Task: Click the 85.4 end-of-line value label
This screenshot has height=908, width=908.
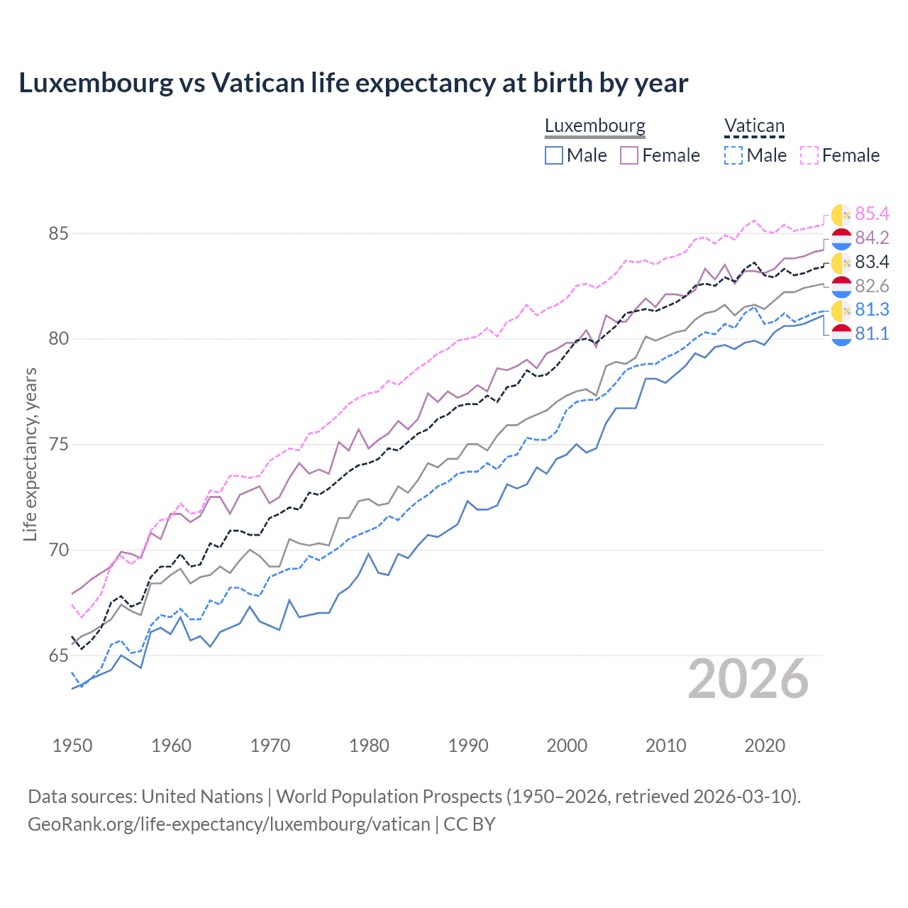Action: pos(872,214)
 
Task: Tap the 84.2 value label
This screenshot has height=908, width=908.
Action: pos(872,238)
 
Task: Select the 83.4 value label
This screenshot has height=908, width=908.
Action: pos(872,262)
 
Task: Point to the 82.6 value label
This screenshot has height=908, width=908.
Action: pos(872,286)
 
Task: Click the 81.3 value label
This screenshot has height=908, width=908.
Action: pos(872,309)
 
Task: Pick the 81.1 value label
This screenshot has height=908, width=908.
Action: pos(872,333)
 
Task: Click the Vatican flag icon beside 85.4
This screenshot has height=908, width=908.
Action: pos(841,214)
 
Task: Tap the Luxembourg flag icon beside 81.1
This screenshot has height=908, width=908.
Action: pos(841,334)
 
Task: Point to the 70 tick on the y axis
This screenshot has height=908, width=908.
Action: pos(59,550)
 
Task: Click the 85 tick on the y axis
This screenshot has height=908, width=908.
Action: pos(59,233)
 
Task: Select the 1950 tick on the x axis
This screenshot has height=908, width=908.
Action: pos(72,746)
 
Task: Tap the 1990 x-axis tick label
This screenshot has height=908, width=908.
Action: pos(468,746)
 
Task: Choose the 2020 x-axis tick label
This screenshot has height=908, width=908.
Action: pos(765,746)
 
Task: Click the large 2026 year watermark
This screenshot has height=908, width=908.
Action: pos(748,679)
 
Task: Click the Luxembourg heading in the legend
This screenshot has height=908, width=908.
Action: pos(594,126)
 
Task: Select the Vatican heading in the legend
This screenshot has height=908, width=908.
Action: pos(754,126)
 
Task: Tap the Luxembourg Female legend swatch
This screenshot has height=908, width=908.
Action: pos(629,155)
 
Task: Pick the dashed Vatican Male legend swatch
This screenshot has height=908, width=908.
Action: pos(733,155)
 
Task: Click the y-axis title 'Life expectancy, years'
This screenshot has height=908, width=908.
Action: pos(31,454)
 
